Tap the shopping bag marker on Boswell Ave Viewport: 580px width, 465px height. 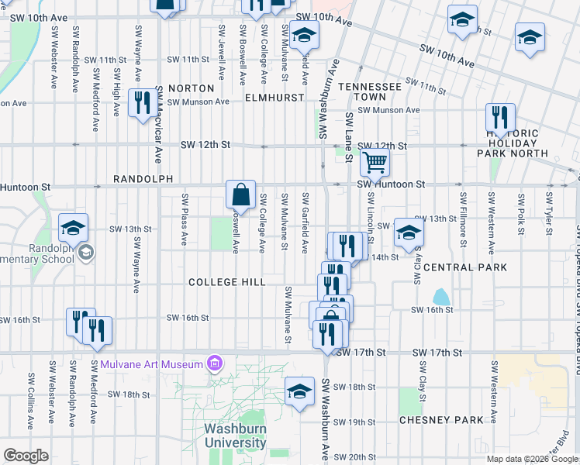tap(241, 195)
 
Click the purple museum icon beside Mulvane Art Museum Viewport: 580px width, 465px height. tap(215, 363)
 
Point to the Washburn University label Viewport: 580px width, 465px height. tap(235, 436)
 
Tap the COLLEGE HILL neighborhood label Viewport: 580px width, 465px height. tap(226, 283)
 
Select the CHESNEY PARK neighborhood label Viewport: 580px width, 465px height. tap(441, 420)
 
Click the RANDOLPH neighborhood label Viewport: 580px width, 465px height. tap(143, 179)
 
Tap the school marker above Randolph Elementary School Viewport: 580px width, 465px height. tap(73, 228)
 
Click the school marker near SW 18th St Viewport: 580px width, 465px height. tap(299, 391)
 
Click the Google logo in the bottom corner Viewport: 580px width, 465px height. tap(26, 456)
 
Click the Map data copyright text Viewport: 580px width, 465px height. tap(532, 459)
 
